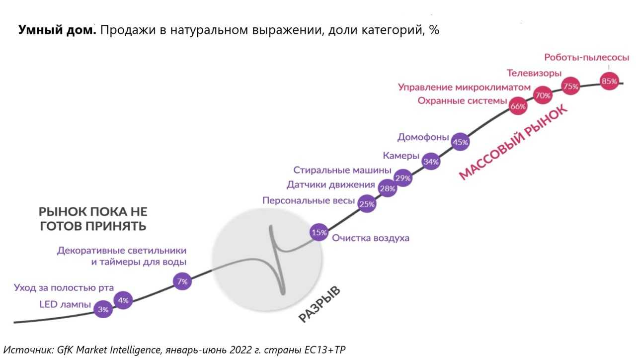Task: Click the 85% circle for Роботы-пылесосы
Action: pyautogui.click(x=609, y=81)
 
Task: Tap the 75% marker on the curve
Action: pyautogui.click(x=570, y=87)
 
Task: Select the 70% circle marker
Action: pyautogui.click(x=543, y=94)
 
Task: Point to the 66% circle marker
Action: pyautogui.click(x=518, y=106)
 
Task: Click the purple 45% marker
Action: pyautogui.click(x=460, y=142)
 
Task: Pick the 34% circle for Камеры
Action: pyautogui.click(x=431, y=162)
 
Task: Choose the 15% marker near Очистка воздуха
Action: pyautogui.click(x=318, y=232)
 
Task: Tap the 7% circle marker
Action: pyautogui.click(x=182, y=282)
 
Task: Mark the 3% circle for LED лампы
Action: pyautogui.click(x=103, y=309)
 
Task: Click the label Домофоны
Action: pyautogui.click(x=423, y=137)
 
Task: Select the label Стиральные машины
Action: pyautogui.click(x=342, y=171)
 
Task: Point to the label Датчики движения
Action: pyautogui.click(x=330, y=185)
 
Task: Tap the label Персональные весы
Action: pyautogui.click(x=309, y=201)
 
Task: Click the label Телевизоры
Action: pyautogui.click(x=534, y=73)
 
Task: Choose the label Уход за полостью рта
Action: pyautogui.click(x=64, y=288)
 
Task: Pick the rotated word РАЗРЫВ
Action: pyautogui.click(x=319, y=304)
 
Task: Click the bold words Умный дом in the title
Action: pyautogui.click(x=57, y=30)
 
